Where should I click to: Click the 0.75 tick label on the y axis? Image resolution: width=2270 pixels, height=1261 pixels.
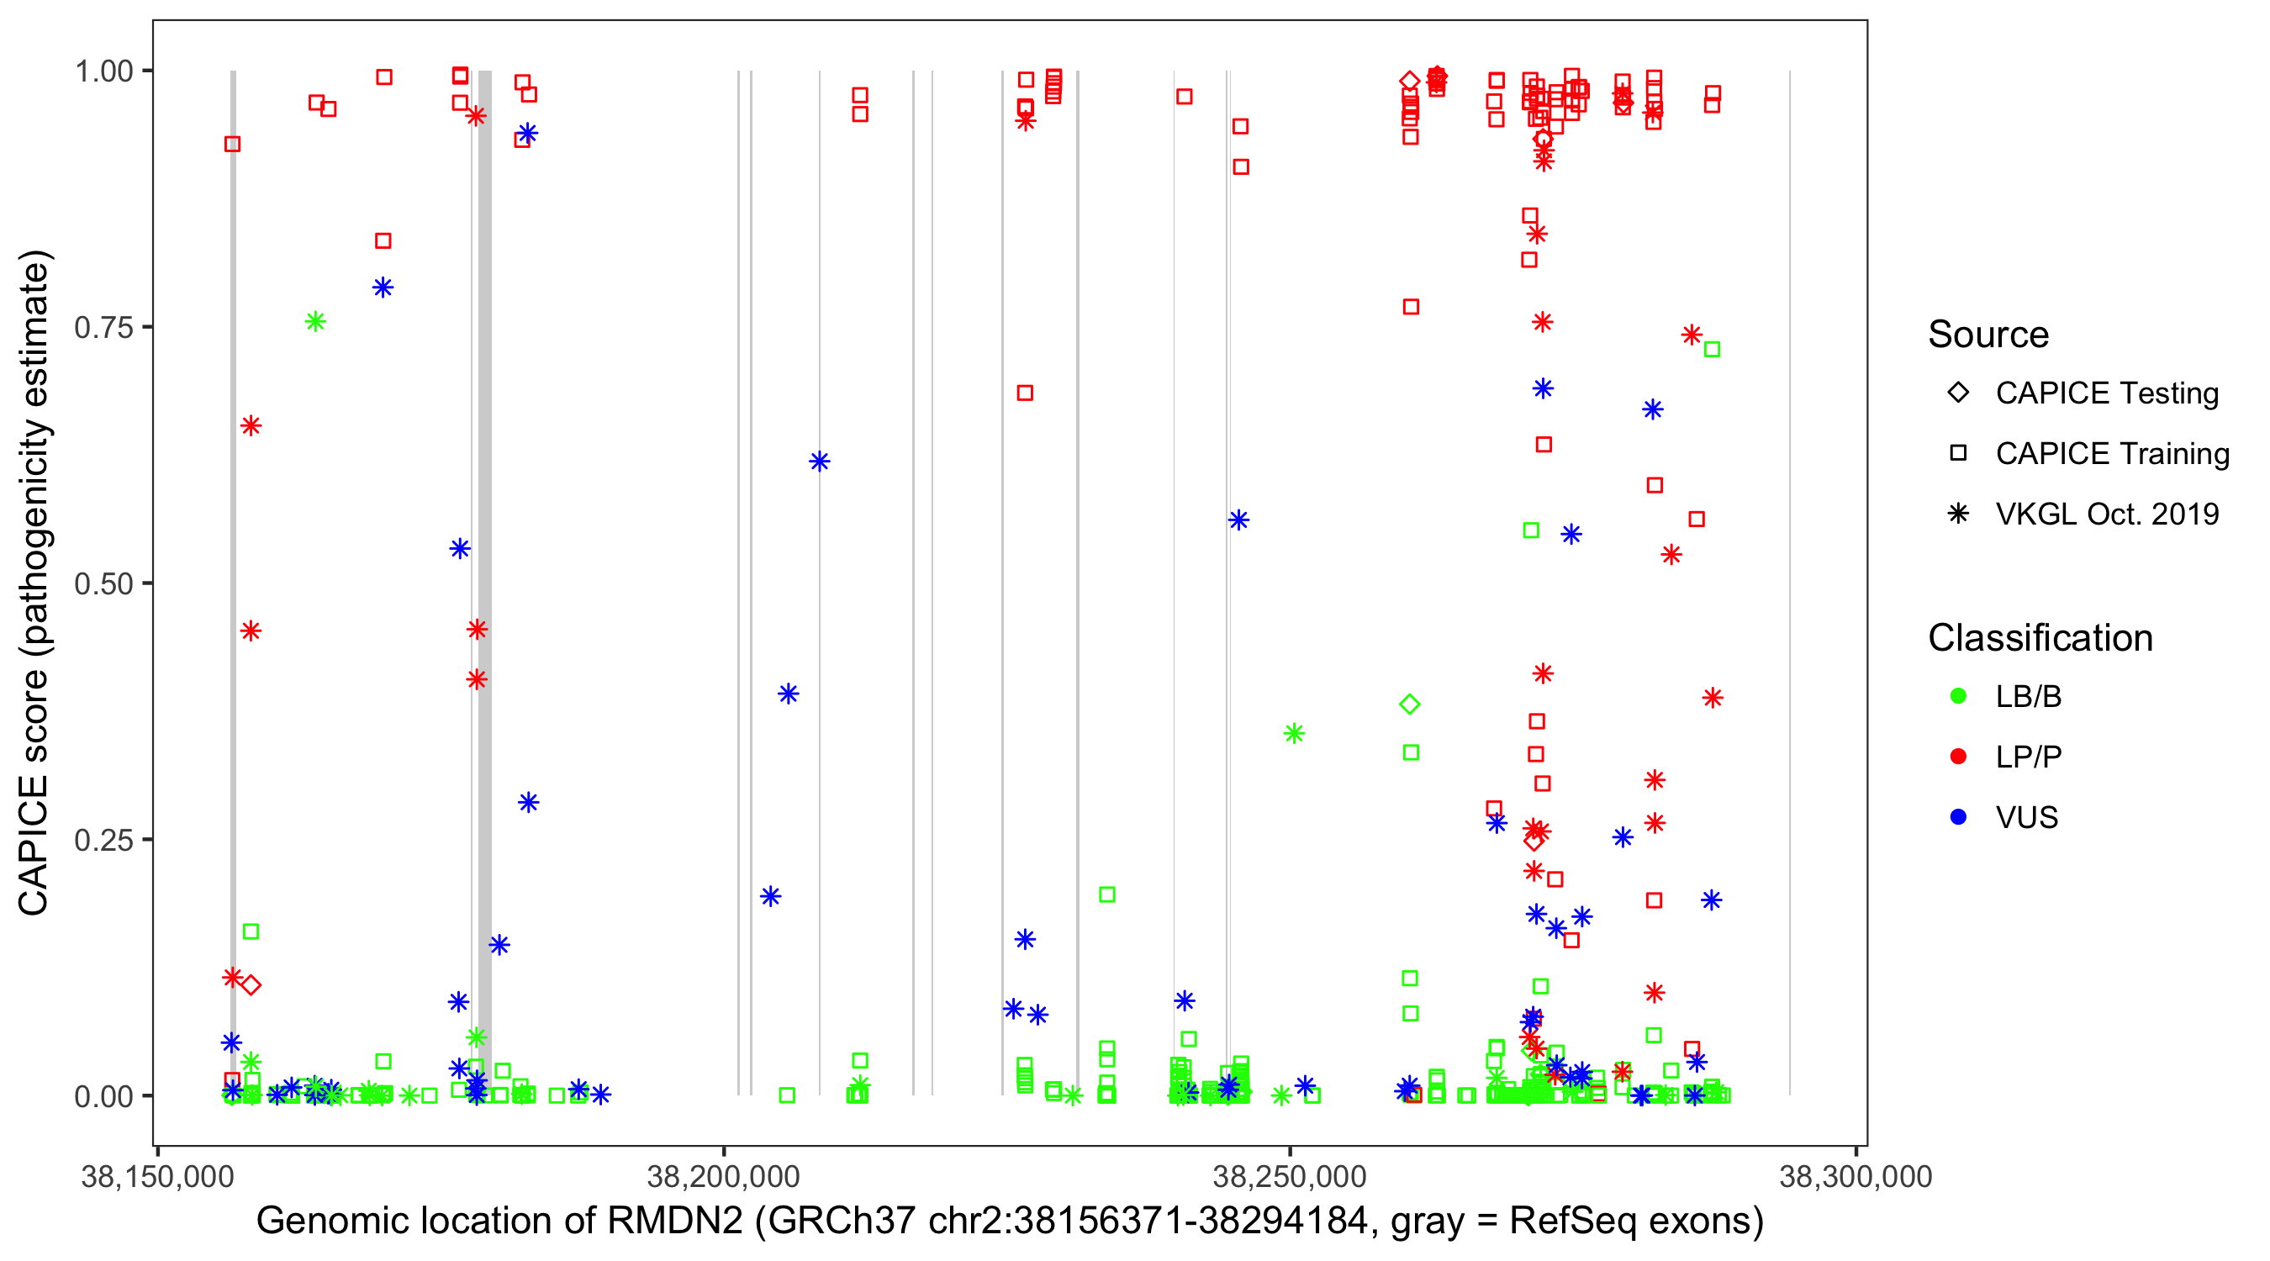coord(103,328)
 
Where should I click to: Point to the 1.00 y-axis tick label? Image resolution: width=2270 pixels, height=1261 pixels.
coord(103,71)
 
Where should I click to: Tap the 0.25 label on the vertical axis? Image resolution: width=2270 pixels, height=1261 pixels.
coord(103,840)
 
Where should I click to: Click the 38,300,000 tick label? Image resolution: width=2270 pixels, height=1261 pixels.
coord(1856,1176)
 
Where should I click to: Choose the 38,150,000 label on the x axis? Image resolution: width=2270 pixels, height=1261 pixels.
coord(158,1176)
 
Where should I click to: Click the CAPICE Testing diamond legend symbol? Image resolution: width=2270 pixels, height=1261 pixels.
coord(1958,392)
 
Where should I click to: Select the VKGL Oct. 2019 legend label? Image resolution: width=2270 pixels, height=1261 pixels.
coord(2107,514)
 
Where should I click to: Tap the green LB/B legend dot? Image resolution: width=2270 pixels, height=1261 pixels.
coord(1958,696)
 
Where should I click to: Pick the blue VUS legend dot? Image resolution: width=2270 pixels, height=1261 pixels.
coord(1958,817)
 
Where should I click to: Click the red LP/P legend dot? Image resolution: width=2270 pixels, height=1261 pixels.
coord(1958,757)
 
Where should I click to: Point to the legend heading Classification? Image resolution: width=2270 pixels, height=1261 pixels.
coord(2040,638)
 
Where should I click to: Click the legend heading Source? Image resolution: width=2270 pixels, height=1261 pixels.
coord(1988,335)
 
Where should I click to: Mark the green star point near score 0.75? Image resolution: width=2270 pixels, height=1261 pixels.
coord(315,322)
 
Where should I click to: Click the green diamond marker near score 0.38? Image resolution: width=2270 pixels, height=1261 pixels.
coord(1409,704)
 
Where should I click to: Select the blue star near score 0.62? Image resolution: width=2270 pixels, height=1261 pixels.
coord(820,462)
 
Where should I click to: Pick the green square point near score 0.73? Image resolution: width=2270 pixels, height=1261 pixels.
coord(1711,350)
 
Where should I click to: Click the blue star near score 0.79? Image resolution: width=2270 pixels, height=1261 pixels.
coord(383,288)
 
